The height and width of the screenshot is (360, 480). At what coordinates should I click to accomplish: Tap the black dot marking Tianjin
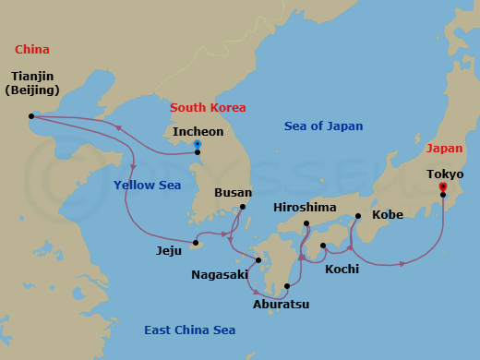click(31, 116)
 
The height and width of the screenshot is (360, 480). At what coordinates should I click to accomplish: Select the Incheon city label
click(198, 132)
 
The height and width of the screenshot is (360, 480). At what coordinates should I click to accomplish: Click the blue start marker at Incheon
click(198, 144)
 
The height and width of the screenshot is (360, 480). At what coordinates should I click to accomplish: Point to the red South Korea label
click(208, 108)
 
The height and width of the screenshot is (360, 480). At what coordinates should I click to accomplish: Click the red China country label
click(32, 50)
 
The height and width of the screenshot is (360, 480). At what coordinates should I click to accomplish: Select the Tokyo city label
click(445, 174)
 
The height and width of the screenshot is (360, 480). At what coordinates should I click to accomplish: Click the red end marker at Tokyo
click(443, 186)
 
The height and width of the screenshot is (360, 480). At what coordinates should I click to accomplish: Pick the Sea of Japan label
click(323, 126)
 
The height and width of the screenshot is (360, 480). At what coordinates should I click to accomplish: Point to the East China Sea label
click(189, 330)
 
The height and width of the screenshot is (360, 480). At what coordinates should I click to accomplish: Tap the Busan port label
click(232, 193)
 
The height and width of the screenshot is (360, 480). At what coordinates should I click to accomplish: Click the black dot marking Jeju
click(196, 245)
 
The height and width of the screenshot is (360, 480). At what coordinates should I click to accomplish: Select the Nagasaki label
click(220, 274)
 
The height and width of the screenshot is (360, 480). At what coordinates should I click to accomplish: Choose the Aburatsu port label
click(281, 303)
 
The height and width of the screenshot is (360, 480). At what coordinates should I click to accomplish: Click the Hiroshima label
click(305, 208)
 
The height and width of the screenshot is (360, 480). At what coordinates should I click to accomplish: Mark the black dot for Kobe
click(357, 216)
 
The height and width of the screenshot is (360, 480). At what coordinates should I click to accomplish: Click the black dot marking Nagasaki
click(258, 260)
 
